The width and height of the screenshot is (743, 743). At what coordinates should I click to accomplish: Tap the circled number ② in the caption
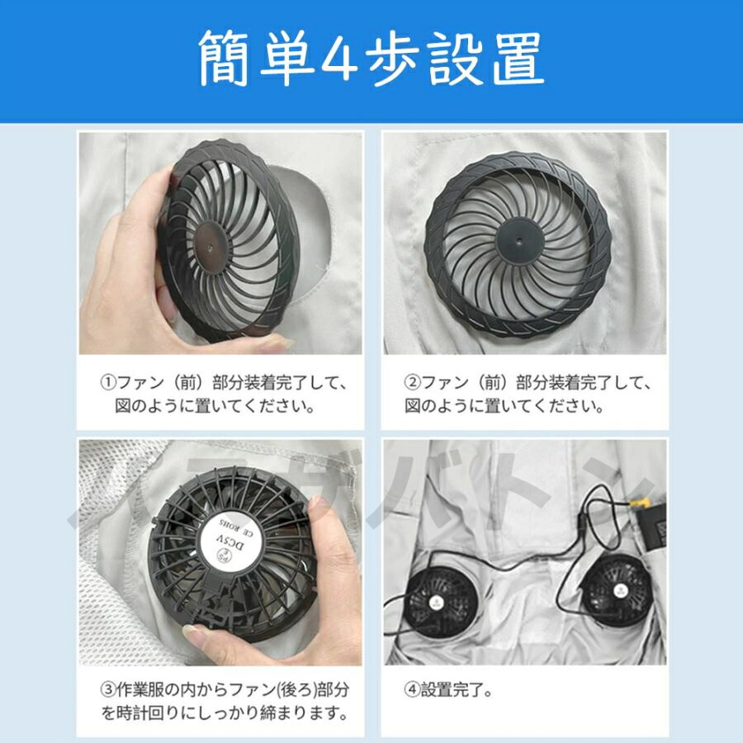coord(413,384)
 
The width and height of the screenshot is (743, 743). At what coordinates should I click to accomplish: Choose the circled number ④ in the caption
coord(413,689)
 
